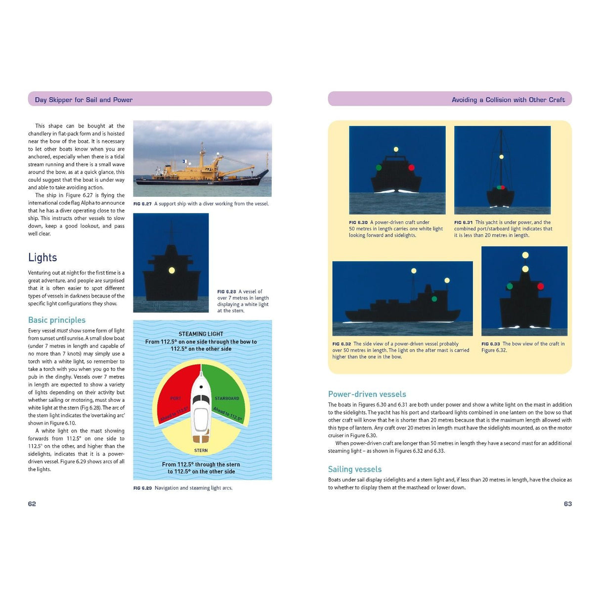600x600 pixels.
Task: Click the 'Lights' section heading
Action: click(x=43, y=257)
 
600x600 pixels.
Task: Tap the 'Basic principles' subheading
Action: click(x=57, y=320)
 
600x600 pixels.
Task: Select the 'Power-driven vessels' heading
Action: click(x=367, y=394)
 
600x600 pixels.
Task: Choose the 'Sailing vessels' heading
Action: click(x=355, y=469)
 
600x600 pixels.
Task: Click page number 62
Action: click(x=32, y=504)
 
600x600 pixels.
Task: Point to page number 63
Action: click(x=567, y=504)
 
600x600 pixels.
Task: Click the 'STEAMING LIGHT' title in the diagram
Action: click(x=201, y=334)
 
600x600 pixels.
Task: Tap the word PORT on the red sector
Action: click(x=175, y=398)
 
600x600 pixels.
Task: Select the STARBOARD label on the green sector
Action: click(x=227, y=398)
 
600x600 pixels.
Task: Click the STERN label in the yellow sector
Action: click(x=201, y=450)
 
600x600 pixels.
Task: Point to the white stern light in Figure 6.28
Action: click(x=171, y=270)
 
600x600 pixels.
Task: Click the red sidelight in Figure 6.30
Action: click(x=411, y=168)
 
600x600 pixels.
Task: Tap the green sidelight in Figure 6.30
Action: click(x=379, y=168)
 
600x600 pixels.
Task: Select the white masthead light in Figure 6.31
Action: click(x=501, y=157)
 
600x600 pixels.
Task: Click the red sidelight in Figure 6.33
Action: click(x=541, y=286)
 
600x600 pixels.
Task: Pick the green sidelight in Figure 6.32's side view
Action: click(x=434, y=299)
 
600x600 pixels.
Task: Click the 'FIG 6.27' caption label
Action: click(x=142, y=204)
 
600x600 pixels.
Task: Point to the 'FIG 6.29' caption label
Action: click(x=142, y=488)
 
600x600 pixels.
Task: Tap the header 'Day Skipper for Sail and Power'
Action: click(x=84, y=100)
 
